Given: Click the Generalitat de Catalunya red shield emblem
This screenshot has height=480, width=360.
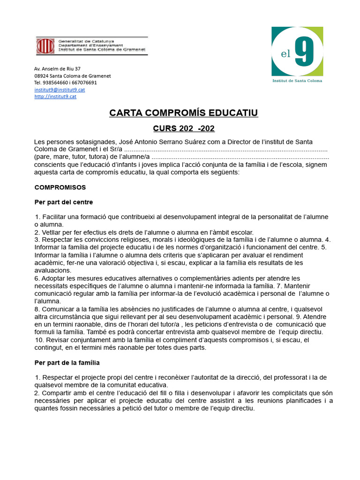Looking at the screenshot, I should tap(46, 46).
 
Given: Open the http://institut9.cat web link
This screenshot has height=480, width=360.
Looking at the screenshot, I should tap(55, 97).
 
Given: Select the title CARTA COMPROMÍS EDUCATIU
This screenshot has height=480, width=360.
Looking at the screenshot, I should tap(183, 113).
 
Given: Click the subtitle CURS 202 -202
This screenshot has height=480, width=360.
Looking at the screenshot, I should tap(184, 128).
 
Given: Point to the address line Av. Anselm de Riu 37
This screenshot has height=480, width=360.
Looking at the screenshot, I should tap(57, 68).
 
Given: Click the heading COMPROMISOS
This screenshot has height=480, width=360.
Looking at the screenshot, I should tap(60, 187).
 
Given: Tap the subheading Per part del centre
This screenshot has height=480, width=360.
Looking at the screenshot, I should tap(64, 202).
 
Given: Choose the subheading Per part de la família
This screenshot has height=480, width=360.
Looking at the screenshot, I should tap(67, 362).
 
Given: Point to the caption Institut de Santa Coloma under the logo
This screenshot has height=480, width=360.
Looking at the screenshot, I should tap(297, 81).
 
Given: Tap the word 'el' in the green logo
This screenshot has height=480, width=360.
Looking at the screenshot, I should tap(286, 54).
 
